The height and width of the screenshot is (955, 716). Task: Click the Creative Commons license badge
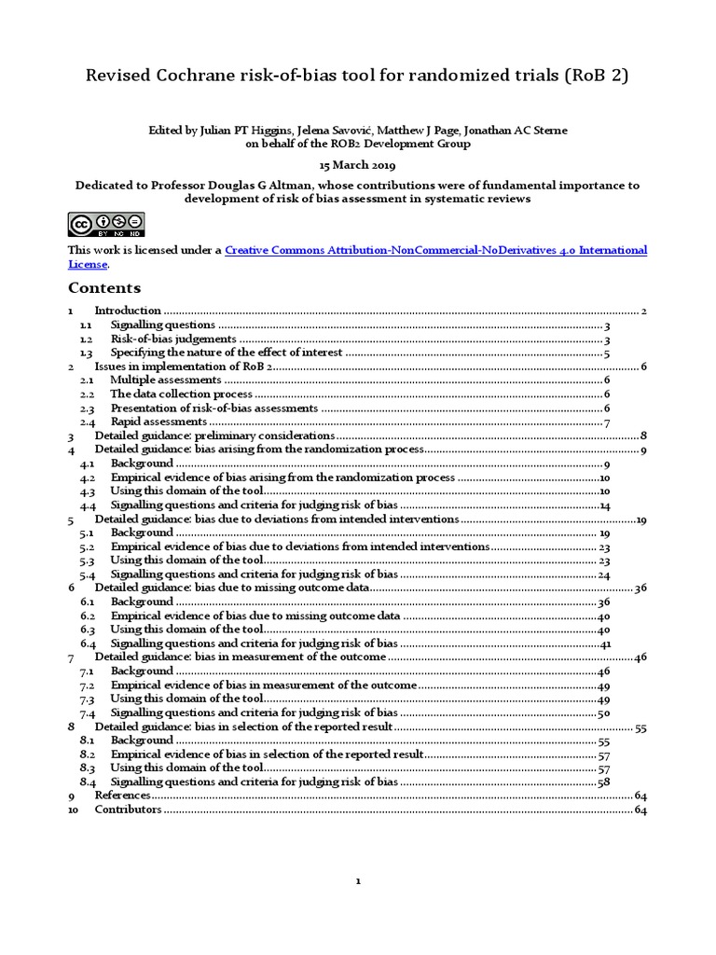point(105,224)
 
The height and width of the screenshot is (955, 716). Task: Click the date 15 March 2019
point(357,164)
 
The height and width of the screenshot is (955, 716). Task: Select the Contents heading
point(104,287)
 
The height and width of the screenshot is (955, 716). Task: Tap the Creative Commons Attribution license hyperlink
point(435,250)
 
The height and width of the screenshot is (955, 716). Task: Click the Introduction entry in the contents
point(128,311)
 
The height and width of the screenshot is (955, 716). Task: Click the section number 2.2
point(87,394)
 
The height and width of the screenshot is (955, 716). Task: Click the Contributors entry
point(129,810)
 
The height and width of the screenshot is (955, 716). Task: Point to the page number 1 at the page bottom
point(357,881)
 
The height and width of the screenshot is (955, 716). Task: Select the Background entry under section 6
point(142,602)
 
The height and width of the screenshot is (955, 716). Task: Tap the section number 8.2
point(88,754)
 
